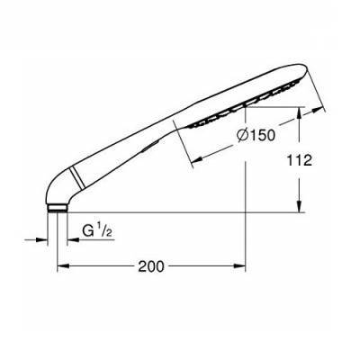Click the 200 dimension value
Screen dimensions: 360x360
tap(151, 266)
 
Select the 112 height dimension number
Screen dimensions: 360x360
tap(300, 160)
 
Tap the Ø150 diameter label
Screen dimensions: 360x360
tap(256, 135)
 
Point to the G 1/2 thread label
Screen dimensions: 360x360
tap(97, 231)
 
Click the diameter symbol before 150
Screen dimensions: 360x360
tap(242, 136)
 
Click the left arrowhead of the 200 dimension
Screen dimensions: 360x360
tap(62, 265)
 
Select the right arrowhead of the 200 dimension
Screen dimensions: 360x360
tap(240, 265)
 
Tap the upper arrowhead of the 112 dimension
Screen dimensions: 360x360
tap(299, 112)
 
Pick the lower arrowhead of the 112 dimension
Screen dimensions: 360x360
tap(299, 207)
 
